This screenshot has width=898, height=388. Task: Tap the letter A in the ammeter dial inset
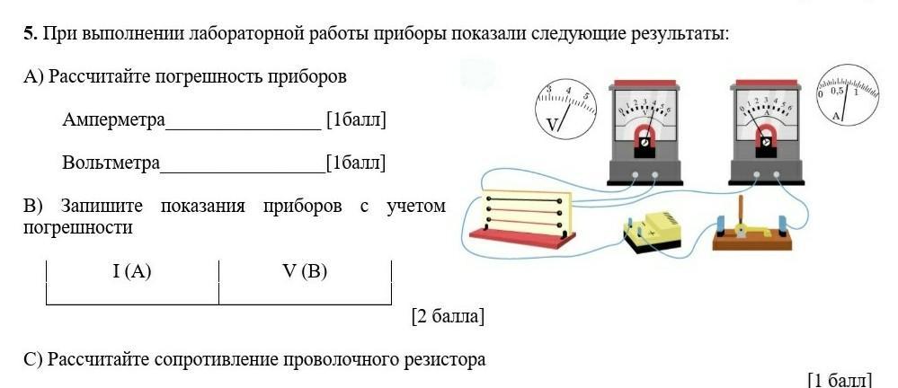tap(837, 116)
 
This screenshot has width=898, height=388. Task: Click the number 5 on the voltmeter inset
tap(585, 96)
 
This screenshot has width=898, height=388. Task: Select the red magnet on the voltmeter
tap(644, 137)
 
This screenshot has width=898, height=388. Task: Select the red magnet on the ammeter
tap(765, 137)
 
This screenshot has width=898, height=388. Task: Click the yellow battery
tap(653, 230)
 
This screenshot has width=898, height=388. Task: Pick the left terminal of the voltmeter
tap(635, 175)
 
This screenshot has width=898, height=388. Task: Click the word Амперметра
tap(113, 119)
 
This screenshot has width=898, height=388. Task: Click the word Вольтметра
tap(111, 163)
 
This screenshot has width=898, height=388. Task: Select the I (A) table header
tap(132, 271)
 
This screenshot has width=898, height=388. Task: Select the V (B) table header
tap(304, 271)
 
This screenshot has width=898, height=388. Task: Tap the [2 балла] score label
tap(448, 316)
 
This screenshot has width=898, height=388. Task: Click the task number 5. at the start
tap(31, 34)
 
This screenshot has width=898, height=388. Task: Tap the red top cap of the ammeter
tap(765, 86)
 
